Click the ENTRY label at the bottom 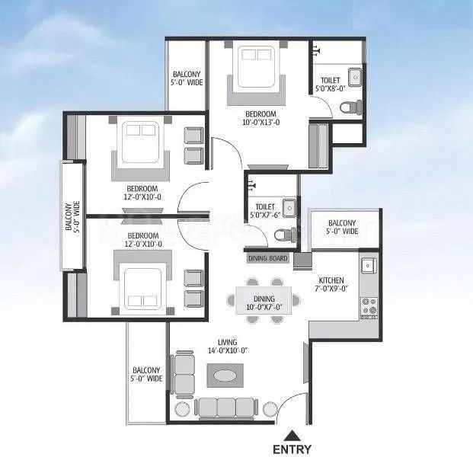292,449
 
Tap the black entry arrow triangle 292,435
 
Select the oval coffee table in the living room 225,376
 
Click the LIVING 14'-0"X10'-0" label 227,347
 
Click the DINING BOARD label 267,259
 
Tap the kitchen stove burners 369,306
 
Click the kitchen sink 369,266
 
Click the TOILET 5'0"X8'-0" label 331,83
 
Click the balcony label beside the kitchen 343,227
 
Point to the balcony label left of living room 147,374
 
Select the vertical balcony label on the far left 71,216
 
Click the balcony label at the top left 187,78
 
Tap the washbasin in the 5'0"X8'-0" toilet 354,77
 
